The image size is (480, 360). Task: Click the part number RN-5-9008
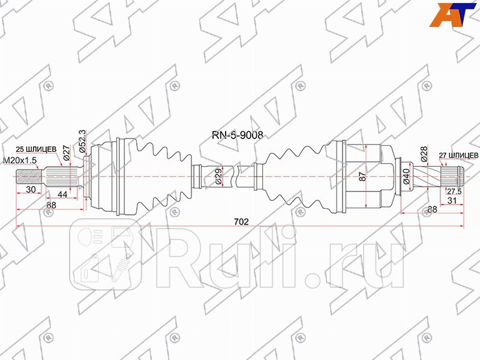[x=239, y=136]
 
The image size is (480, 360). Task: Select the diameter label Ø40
[x=406, y=176]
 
